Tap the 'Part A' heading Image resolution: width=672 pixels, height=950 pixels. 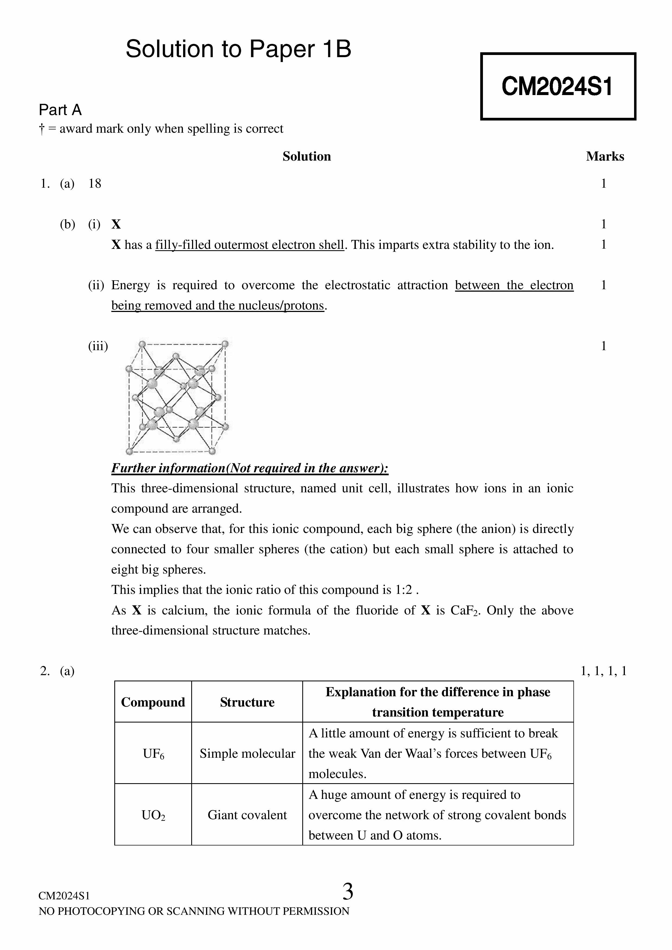(60, 110)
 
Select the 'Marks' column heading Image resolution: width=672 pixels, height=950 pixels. (605, 157)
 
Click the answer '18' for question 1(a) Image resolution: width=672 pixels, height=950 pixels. (95, 183)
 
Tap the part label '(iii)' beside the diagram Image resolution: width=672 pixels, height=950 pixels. (98, 346)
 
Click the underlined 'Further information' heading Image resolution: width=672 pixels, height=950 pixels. (249, 468)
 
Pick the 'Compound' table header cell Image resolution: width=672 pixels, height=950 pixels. (153, 702)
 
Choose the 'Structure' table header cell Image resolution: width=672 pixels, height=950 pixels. (247, 702)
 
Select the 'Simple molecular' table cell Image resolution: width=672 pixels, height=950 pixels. (247, 753)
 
